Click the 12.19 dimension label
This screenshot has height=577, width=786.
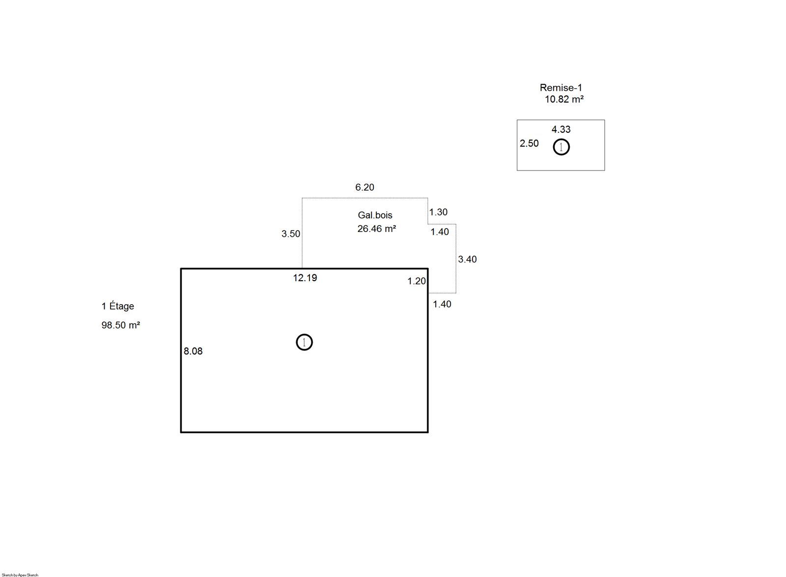305,278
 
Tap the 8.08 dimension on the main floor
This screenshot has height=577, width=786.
193,351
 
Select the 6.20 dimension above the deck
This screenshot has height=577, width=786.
365,187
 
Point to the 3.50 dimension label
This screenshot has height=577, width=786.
290,234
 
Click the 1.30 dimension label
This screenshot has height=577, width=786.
438,212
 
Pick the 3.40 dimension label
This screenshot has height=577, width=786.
467,260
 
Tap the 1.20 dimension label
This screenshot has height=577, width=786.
417,281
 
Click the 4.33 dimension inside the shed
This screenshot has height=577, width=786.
561,130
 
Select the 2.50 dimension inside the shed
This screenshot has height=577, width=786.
529,144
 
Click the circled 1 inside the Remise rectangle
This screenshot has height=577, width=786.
561,139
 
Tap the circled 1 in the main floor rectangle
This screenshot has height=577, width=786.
304,334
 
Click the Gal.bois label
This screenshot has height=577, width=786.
375,215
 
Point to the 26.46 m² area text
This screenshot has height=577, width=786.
376,229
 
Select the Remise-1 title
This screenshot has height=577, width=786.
561,88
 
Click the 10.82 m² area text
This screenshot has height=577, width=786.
564,99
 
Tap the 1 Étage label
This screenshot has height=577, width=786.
118,306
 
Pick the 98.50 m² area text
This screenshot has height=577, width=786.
121,325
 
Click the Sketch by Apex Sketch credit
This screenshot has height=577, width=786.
20,575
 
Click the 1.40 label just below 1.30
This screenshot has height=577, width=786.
440,231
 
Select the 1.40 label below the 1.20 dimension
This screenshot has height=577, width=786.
442,304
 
